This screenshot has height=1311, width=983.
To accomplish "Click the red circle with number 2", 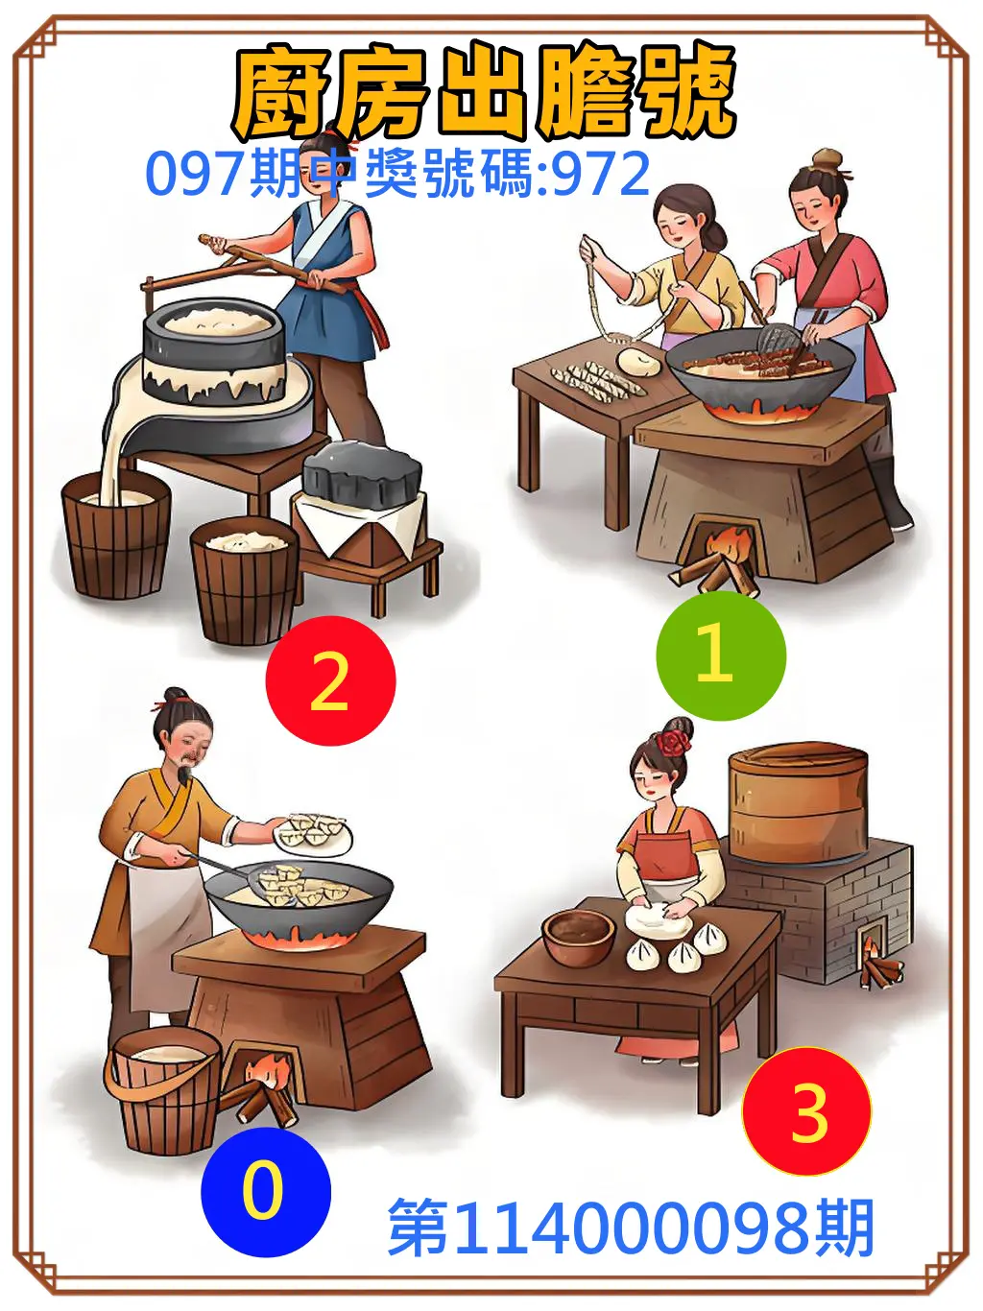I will coord(330,680).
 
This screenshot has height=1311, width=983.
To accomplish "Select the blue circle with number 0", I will coord(265,1191).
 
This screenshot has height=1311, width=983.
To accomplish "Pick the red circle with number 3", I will coord(806,1111).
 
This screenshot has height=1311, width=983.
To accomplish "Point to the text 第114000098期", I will coord(631,1228).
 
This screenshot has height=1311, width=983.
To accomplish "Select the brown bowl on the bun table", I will coord(578,936).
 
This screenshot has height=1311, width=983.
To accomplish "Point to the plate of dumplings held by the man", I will coord(314,831).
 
